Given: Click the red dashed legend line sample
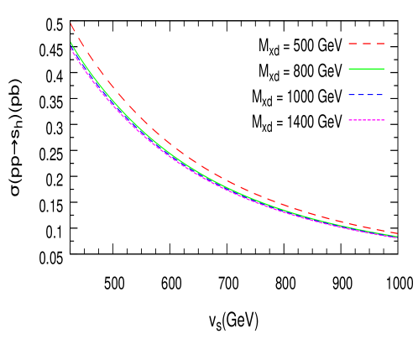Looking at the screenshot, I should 366,43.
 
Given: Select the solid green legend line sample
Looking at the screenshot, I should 366,69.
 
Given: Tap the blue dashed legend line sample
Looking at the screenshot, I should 366,95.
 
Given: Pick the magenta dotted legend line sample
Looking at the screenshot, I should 366,120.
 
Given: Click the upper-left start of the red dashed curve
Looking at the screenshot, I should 71,24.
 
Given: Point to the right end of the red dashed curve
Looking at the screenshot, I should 396,233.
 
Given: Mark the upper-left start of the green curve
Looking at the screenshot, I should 71,43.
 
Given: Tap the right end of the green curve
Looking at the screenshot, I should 396,237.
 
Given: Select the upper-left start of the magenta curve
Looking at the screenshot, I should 71,48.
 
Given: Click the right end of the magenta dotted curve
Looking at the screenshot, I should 396,237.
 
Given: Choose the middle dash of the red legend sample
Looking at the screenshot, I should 367,43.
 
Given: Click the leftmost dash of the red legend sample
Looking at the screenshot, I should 353,43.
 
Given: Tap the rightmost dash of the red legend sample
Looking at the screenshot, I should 380,43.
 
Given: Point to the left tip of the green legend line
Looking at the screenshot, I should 349,69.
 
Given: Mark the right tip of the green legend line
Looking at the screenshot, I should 384,69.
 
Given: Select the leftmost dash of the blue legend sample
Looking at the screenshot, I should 351,95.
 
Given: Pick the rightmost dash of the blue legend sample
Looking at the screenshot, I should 381,95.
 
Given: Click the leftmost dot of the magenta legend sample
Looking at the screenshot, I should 350,120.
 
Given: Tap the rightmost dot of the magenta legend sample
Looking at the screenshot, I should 383,120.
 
